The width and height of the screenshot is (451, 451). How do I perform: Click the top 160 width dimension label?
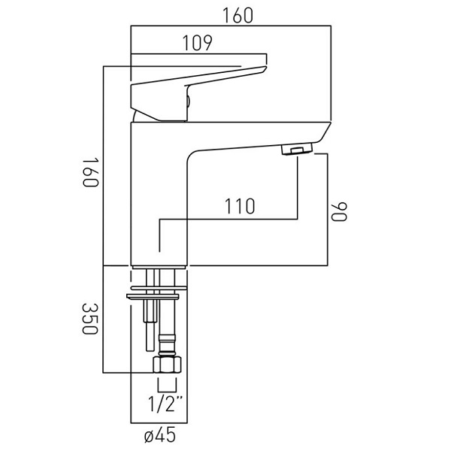pos(238,16)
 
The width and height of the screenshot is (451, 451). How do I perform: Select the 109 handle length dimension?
pos(197,43)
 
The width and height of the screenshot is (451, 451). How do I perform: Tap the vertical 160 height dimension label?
pos(91,172)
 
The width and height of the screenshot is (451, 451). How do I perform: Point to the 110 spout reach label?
pos(240,206)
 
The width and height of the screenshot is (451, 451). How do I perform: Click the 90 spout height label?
pos(340,212)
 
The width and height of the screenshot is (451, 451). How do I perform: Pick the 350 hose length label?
pos(90,319)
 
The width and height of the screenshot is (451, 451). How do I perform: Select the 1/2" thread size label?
pos(165,404)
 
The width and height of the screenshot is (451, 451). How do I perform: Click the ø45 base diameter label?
pos(159,434)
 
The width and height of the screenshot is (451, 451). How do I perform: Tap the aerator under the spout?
pos(297,150)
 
